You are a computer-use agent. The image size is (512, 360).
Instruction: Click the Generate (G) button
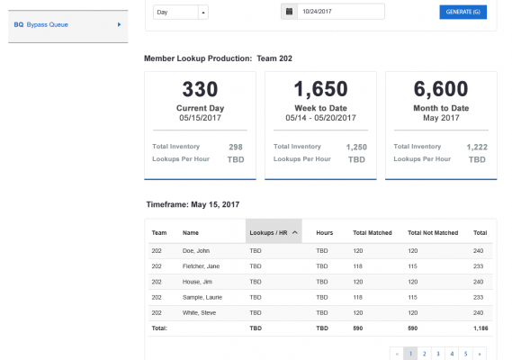pyautogui.click(x=463, y=12)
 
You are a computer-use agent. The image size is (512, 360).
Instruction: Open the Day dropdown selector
pyautogui.click(x=180, y=12)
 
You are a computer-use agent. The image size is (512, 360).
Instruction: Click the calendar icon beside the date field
pyautogui.click(x=289, y=12)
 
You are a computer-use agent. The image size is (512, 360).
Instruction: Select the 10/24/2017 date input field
pyautogui.click(x=340, y=12)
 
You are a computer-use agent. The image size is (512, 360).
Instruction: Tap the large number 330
pyautogui.click(x=200, y=89)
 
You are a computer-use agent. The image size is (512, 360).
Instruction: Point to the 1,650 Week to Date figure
pyautogui.click(x=320, y=89)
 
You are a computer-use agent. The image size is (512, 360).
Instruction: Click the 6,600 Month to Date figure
pyautogui.click(x=441, y=89)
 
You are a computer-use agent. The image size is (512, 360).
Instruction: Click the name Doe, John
pyautogui.click(x=195, y=251)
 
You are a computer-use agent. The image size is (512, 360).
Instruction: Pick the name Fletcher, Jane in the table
pyautogui.click(x=201, y=266)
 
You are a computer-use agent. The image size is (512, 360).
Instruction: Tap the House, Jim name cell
pyautogui.click(x=197, y=282)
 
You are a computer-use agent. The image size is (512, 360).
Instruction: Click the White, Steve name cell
pyautogui.click(x=199, y=312)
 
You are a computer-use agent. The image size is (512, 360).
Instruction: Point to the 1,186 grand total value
pyautogui.click(x=481, y=328)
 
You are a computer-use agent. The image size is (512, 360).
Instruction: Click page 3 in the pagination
pyautogui.click(x=438, y=354)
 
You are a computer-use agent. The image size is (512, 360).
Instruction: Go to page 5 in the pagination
pyautogui.click(x=465, y=354)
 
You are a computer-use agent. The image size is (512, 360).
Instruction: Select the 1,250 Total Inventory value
pyautogui.click(x=356, y=147)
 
